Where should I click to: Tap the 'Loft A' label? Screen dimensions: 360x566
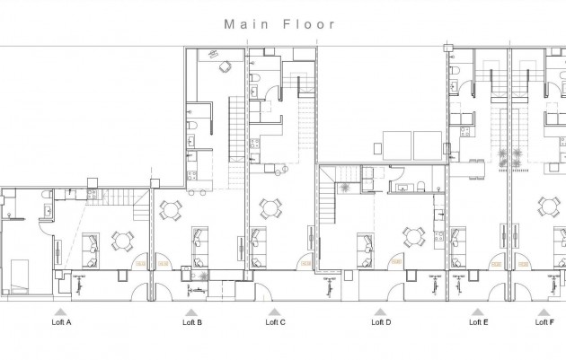coord(64,321)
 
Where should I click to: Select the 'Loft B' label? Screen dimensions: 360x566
coord(192,321)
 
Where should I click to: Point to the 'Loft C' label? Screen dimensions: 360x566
coord(276,321)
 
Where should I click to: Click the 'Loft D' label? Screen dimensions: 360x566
coord(381,321)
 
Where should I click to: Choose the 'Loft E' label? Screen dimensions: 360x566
coord(479,321)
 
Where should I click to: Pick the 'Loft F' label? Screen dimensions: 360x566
coord(544,321)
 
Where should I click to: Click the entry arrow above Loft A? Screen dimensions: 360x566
coord(64,310)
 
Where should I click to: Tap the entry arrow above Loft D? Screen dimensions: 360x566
coord(381,310)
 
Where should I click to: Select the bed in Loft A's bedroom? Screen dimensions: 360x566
coord(20,274)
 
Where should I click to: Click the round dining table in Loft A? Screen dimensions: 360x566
coord(121,241)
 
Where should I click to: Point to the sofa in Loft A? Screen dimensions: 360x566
coord(91,243)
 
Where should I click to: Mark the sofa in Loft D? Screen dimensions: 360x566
coord(366,243)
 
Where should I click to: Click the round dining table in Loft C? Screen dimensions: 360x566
coord(269,208)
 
